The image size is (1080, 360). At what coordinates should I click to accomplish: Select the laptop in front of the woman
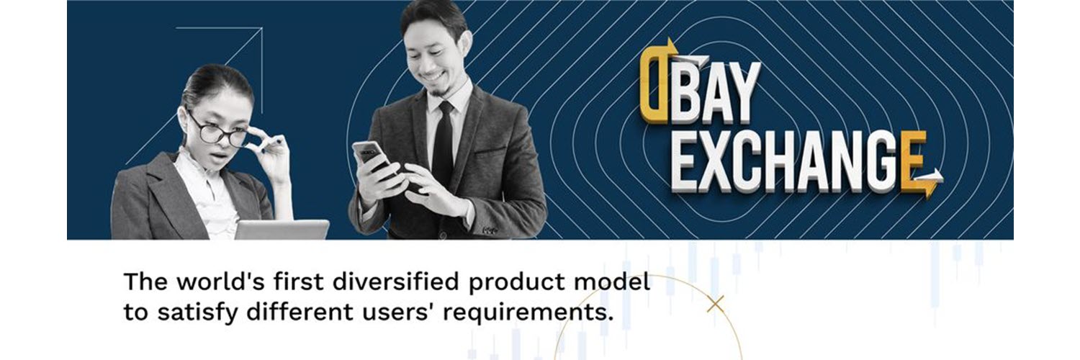282,230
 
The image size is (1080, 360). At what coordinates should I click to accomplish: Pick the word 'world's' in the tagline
220,282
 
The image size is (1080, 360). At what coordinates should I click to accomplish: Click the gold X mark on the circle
716,304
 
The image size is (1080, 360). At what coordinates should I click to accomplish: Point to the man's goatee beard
438,91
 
